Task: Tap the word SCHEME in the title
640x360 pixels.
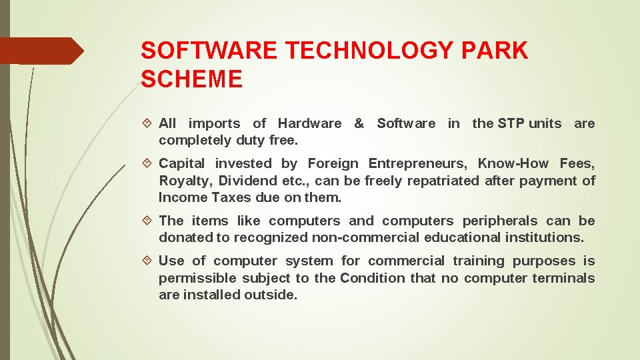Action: point(192,79)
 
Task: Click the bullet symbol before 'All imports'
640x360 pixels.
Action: point(148,124)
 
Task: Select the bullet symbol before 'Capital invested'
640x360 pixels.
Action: point(148,164)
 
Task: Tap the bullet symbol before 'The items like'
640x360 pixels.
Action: point(148,221)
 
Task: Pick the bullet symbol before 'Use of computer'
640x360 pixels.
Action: point(148,261)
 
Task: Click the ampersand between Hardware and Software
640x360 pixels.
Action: point(359,123)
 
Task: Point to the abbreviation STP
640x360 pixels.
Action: point(511,123)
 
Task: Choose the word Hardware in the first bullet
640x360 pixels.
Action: point(309,123)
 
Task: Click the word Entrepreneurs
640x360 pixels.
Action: point(419,163)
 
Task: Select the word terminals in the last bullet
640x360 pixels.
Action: point(563,278)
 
